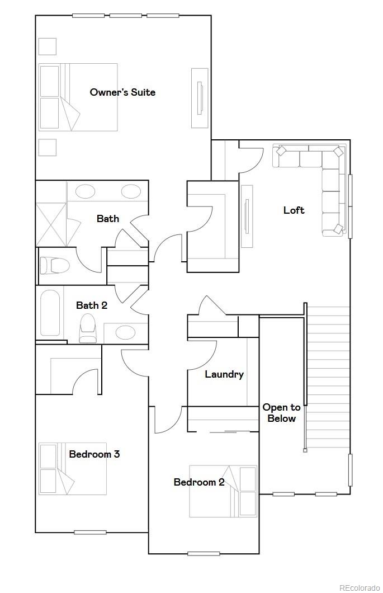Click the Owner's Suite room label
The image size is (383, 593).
[122, 92]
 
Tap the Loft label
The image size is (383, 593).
[294, 210]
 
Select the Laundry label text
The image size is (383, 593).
[224, 374]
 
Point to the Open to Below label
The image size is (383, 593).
[281, 413]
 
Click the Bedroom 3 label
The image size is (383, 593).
[94, 454]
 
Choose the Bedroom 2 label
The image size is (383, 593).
[199, 482]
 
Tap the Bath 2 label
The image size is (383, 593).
[92, 305]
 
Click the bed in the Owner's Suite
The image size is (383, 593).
[78, 97]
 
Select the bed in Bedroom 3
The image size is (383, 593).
[72, 469]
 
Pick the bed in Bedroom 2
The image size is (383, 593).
[223, 491]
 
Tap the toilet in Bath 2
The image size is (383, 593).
[88, 328]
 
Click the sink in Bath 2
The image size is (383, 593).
[125, 333]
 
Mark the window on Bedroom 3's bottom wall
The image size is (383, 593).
[90, 532]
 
